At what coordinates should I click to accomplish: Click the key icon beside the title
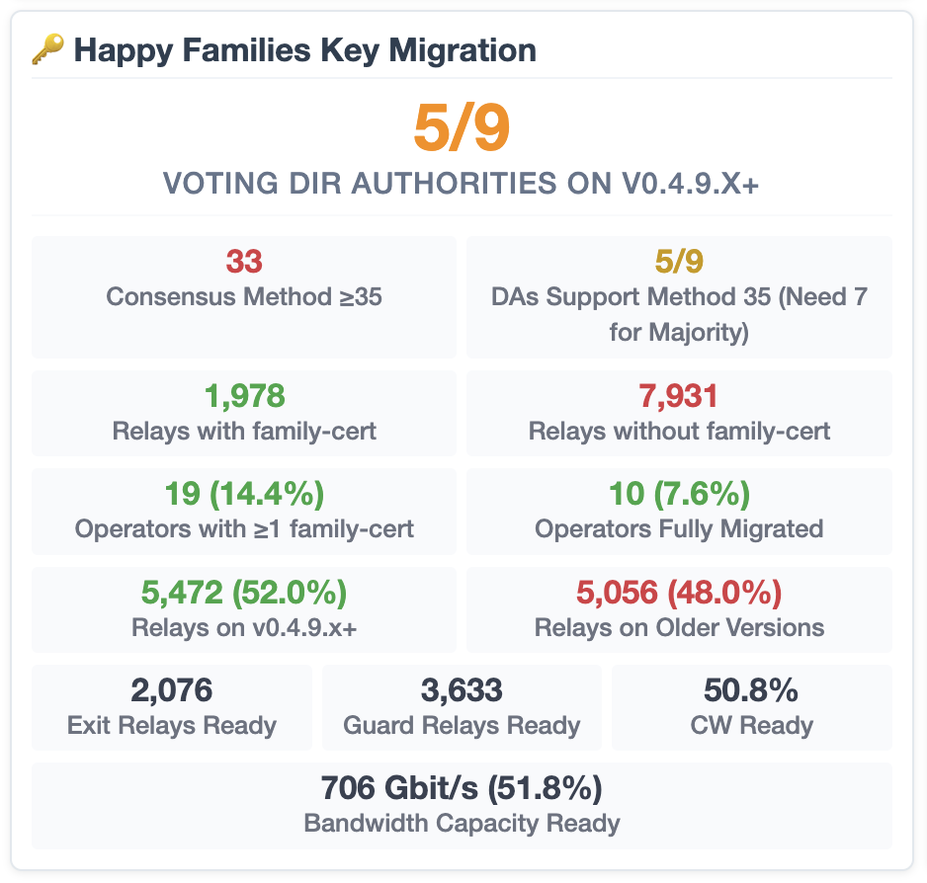click(48, 49)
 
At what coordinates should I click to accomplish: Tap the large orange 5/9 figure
click(462, 128)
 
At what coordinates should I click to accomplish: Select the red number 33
click(244, 262)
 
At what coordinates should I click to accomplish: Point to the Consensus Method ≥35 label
click(244, 296)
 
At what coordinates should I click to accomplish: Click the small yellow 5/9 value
click(679, 262)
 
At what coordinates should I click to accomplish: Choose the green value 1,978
click(244, 396)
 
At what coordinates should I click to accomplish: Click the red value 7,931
click(679, 396)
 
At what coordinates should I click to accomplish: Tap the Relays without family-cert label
click(679, 431)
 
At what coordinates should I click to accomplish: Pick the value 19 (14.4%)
click(244, 493)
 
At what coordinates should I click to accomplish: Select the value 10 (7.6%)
click(679, 493)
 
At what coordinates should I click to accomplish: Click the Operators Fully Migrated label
click(679, 528)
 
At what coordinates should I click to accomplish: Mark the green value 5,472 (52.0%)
click(244, 592)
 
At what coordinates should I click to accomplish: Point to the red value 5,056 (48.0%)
click(679, 592)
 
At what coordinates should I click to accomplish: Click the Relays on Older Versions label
click(679, 626)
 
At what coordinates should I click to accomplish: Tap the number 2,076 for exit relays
click(172, 689)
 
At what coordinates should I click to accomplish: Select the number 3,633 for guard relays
click(462, 689)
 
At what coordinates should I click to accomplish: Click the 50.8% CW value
click(751, 689)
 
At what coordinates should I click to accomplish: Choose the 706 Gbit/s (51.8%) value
click(462, 788)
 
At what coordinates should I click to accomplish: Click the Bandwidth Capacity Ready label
click(462, 823)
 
